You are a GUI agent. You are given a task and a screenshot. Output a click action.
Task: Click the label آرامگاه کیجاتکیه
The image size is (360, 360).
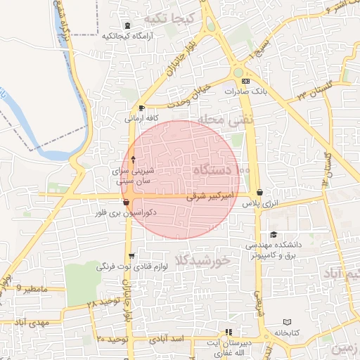pos(124,35)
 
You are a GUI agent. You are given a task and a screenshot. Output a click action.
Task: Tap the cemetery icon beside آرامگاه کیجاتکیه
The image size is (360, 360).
pos(127,25)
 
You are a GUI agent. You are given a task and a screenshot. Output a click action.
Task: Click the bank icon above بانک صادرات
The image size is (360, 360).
pos(244,81)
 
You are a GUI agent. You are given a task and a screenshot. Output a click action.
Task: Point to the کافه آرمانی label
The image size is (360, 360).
pos(142,118)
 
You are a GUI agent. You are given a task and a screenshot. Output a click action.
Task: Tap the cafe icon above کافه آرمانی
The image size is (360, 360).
pos(143,108)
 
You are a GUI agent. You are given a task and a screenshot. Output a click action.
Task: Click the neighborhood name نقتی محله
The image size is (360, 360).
pos(224,120)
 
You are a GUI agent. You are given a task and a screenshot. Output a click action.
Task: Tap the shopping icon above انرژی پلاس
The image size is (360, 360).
pos(260,192)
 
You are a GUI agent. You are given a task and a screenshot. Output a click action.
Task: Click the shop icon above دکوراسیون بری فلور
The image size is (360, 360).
pos(126,202)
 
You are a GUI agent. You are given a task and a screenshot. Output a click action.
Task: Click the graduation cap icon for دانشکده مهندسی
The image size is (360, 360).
pos(274,235)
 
